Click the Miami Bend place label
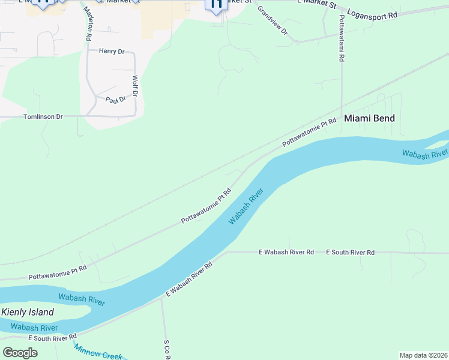369,118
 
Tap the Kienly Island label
28,312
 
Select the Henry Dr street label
112,52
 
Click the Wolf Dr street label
135,86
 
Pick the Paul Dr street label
116,100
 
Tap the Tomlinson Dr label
43,116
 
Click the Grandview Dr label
273,21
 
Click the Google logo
20,353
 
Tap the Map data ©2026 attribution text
423,355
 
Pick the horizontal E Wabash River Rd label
286,253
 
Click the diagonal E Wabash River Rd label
189,279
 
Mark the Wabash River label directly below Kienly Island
34,328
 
